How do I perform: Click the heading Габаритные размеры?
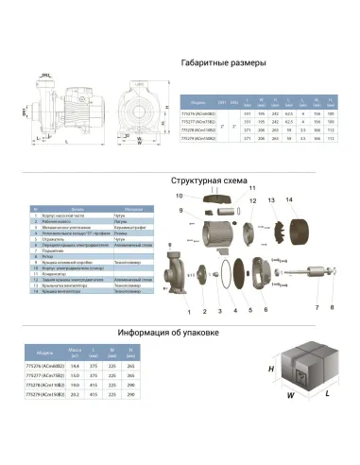point(222,61)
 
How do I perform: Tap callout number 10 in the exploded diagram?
point(177,196)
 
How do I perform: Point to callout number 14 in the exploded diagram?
point(290,198)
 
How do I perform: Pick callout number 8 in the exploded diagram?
point(332,306)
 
